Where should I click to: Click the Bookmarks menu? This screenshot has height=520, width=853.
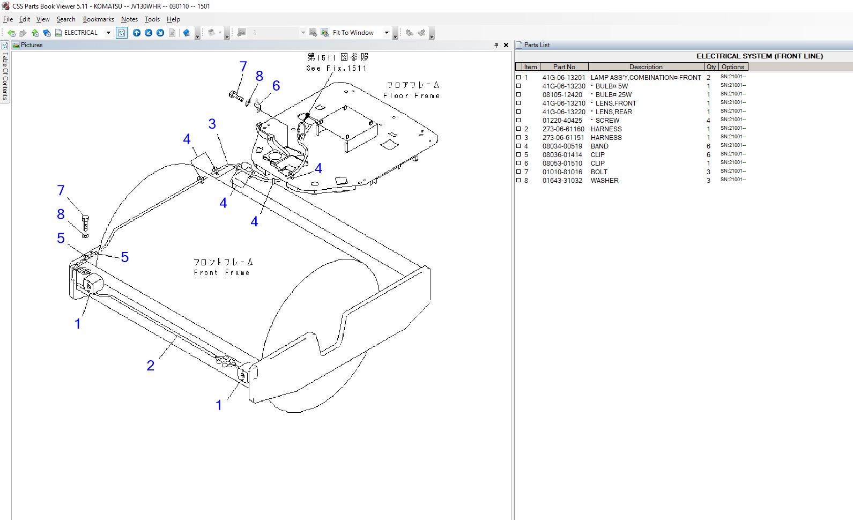click(98, 19)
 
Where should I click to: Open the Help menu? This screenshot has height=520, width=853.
click(173, 19)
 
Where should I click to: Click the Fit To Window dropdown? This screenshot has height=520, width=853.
click(360, 33)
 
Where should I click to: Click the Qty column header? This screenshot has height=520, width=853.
click(711, 67)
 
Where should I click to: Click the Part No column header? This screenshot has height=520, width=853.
click(563, 67)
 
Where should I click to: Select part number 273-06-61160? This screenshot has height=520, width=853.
click(563, 129)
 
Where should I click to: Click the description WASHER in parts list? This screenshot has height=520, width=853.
click(604, 181)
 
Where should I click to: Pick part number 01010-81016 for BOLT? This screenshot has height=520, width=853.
click(562, 172)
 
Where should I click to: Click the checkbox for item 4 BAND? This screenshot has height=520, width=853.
click(518, 146)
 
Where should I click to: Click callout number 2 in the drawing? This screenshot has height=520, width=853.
click(151, 366)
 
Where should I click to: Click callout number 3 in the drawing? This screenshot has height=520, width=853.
click(212, 124)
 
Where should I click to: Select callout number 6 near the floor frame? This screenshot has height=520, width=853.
click(276, 86)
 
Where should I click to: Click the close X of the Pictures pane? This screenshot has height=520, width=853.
click(506, 45)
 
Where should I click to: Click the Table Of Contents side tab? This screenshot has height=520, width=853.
click(5, 75)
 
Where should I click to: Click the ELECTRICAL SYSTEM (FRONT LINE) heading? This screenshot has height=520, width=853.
click(759, 56)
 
